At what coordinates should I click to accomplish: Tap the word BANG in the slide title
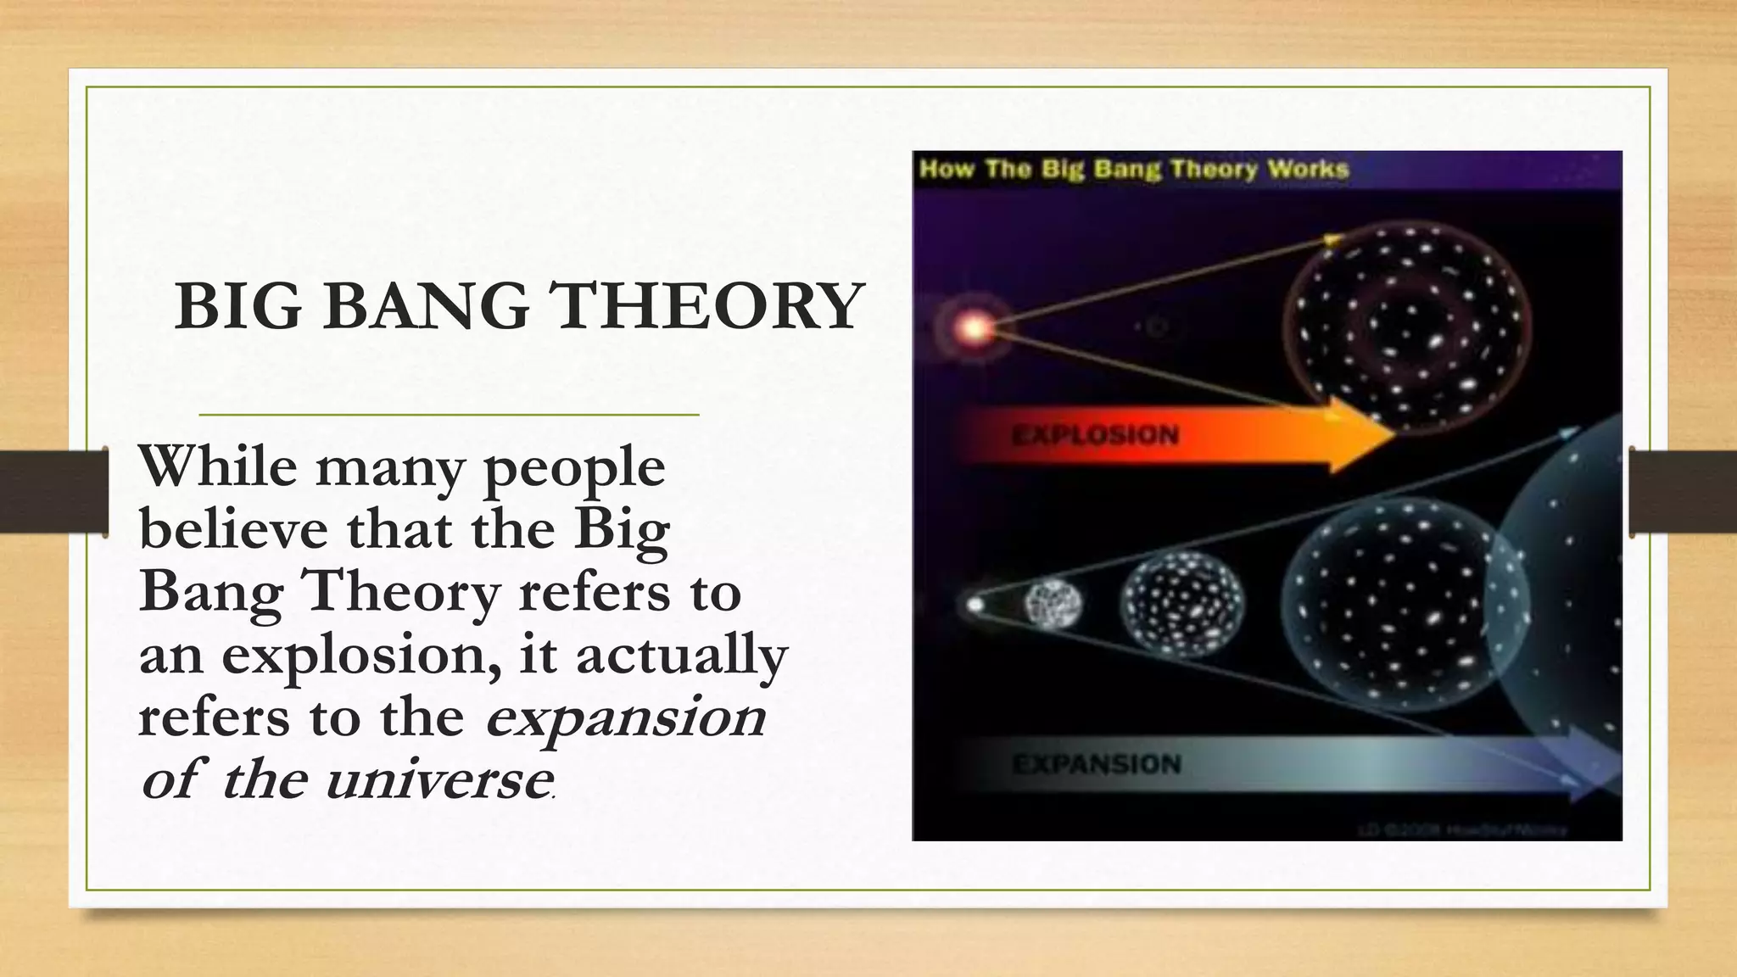425,307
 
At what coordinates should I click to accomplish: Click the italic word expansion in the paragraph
625,718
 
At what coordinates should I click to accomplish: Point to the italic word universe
438,780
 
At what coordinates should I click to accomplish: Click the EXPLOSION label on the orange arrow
1095,436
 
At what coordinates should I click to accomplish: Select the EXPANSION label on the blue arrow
1097,764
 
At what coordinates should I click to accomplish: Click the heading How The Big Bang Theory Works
1134,169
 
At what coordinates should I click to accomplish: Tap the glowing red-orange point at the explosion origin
975,327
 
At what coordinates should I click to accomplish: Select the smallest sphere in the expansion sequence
1053,604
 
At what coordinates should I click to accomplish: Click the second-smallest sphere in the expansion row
1182,604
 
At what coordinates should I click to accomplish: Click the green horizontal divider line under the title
449,415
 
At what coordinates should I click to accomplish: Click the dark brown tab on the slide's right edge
1683,492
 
